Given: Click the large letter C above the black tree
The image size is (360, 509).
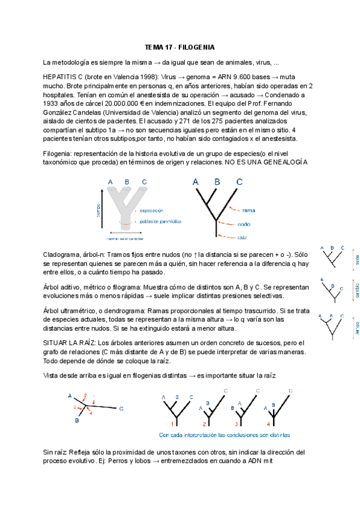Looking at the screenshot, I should pyautogui.click(x=239, y=182).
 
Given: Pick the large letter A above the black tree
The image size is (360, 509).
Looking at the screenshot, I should pyautogui.click(x=196, y=182).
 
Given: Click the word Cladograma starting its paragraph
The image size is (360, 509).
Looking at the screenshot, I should pyautogui.click(x=62, y=254).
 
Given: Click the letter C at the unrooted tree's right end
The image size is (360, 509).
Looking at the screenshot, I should pyautogui.click(x=121, y=409).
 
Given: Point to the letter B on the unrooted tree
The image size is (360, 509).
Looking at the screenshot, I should pyautogui.click(x=77, y=421).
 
